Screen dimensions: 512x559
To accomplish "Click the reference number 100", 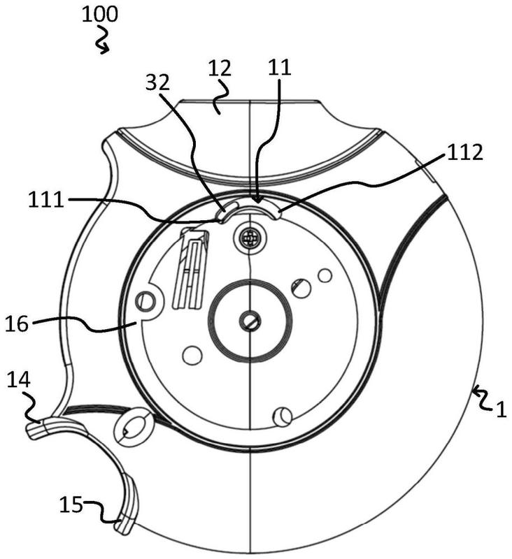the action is pos(99,15).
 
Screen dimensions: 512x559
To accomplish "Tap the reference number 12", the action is pos(220,68).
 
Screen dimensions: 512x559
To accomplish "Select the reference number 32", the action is pos(157,82).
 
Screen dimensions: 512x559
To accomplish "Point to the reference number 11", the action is pos(280,67).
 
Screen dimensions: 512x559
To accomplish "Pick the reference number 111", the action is pos(46,200).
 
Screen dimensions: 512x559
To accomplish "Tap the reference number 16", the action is pos(16,324).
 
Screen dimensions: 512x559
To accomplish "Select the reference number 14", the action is pos(19,379).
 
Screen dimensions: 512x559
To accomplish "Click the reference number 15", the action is pos(71,504).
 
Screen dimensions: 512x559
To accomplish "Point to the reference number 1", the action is pos(502,409).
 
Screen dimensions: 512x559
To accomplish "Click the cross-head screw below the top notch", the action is pos(250,237).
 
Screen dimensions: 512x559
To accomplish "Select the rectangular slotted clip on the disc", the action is pos(190,270).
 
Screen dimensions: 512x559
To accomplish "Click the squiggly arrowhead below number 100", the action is pos(104,49).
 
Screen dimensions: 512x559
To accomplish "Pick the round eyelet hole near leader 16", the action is pos(145,301).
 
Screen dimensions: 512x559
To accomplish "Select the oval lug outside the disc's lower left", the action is pos(134,427).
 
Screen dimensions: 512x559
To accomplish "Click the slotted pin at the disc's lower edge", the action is pos(283,416).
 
